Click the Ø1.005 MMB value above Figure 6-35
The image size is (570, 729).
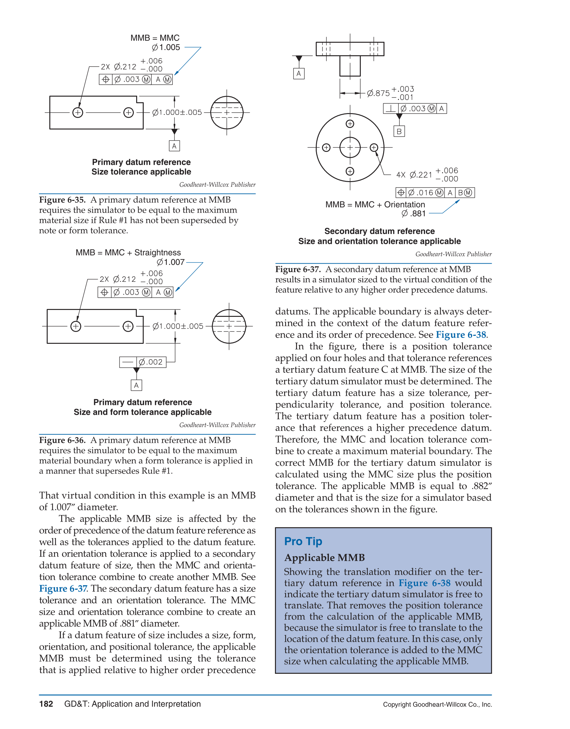pyautogui.click(x=166, y=47)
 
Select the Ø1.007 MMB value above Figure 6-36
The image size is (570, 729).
pyautogui.click(x=171, y=262)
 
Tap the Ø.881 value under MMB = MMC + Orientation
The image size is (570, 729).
pyautogui.click(x=414, y=213)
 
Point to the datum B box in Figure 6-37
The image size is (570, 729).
pyautogui.click(x=399, y=131)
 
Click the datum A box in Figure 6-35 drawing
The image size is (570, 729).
pyautogui.click(x=174, y=146)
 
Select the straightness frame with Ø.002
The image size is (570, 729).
pyautogui.click(x=143, y=362)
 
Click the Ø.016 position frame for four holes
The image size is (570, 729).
pyautogui.click(x=435, y=193)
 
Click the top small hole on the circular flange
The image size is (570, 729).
pyautogui.click(x=350, y=124)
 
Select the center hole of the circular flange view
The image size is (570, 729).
pyautogui.click(x=350, y=147)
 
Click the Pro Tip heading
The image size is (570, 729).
pyautogui.click(x=303, y=541)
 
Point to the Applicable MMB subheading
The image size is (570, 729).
pyautogui.click(x=324, y=558)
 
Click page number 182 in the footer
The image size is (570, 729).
pyautogui.click(x=46, y=704)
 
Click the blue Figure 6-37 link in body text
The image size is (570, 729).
pyautogui.click(x=63, y=588)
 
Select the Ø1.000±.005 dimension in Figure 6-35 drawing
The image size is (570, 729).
pyautogui.click(x=177, y=112)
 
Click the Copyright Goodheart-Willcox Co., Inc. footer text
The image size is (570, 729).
pyautogui.click(x=437, y=705)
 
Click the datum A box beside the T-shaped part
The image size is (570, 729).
pyautogui.click(x=299, y=73)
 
